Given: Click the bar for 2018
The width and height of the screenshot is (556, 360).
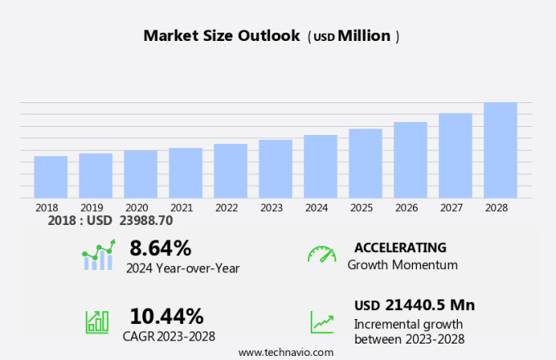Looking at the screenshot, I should click(51, 177).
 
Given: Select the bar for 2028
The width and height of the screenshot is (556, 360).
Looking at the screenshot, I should click(500, 151).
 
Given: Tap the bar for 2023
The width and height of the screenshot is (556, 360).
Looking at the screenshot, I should click(276, 169).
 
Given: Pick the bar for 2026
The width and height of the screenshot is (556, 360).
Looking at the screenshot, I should click(410, 160).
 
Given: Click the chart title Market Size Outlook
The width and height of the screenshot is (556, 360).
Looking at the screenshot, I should click(222, 36).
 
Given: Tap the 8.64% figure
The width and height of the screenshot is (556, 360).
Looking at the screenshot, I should click(160, 248).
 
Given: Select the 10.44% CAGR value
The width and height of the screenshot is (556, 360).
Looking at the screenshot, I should click(167, 316).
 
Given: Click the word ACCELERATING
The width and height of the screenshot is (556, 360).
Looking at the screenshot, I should click(401, 247).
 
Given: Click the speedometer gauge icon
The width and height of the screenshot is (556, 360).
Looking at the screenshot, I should click(321, 254).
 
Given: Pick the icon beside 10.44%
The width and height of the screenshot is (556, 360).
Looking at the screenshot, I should click(97, 322).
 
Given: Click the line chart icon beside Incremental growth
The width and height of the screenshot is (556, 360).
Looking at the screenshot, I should click(321, 322).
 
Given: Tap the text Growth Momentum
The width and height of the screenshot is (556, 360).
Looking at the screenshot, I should click(402, 265).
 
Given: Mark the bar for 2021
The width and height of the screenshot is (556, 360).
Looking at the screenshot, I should click(186, 173).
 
